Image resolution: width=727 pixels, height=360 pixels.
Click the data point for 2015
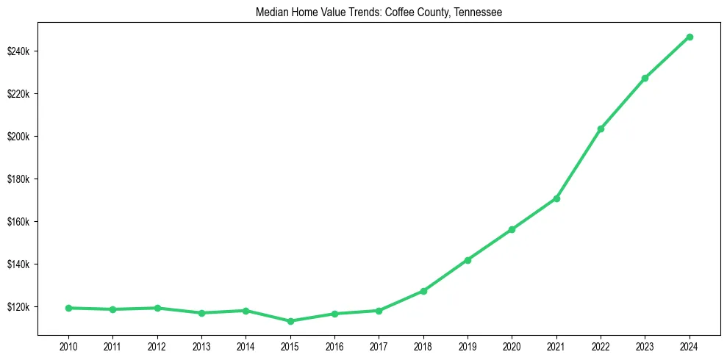290,321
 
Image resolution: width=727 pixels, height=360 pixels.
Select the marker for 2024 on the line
690,37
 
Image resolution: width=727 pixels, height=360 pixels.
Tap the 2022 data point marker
601,129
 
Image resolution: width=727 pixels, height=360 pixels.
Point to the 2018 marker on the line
423,291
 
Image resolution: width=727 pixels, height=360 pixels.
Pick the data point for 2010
68,308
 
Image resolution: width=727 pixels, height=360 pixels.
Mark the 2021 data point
556,198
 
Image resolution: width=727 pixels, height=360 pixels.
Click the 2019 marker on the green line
468,260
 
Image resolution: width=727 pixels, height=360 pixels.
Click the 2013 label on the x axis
201,345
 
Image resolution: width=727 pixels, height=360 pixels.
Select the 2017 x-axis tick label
379,345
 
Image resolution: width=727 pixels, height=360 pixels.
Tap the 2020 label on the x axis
512,345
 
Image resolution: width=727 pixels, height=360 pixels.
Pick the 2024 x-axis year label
690,345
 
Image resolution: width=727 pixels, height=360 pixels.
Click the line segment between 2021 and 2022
579,164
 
